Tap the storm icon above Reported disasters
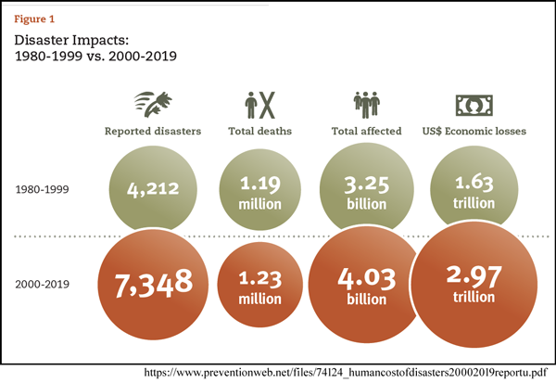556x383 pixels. pos(153,103)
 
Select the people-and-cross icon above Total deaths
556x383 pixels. pos(260,103)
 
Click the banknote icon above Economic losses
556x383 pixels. pos(473,103)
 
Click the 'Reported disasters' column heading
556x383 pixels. pos(153,131)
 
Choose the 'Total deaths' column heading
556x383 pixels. pos(260,131)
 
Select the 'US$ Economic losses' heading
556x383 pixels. pos(473,131)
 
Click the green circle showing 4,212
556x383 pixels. pos(152,190)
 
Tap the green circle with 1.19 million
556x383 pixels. pos(260,190)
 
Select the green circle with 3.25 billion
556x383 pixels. pos(364,190)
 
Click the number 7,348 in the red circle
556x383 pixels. pos(154,280)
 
